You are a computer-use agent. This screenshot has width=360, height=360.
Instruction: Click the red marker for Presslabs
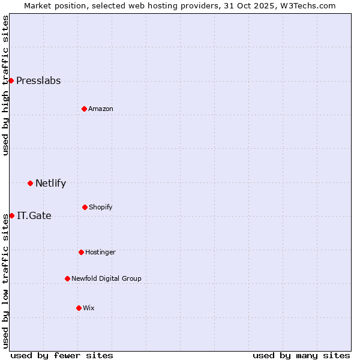tap(11, 80)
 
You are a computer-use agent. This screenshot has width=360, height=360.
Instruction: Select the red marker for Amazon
tap(84, 109)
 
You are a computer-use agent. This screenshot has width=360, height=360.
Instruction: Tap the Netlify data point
tap(30, 183)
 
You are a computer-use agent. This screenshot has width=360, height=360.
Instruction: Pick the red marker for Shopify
tap(85, 207)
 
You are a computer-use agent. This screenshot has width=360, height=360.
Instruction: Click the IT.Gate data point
tap(11, 215)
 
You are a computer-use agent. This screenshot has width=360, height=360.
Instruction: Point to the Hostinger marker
tap(81, 252)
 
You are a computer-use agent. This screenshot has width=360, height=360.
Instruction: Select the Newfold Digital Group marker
tap(67, 278)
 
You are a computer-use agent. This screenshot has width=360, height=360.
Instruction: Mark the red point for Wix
tap(79, 308)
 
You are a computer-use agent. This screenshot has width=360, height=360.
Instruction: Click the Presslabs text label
tap(38, 80)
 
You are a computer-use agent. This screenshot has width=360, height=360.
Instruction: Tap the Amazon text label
tap(101, 109)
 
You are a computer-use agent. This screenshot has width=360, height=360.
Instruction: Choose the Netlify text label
tap(50, 183)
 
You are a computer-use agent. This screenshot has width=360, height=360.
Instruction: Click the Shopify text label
tap(101, 207)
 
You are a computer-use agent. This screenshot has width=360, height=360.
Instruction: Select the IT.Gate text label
tap(34, 215)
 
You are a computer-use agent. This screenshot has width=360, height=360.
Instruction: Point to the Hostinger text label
tap(100, 252)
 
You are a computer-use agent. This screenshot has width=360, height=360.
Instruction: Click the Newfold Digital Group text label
tap(106, 278)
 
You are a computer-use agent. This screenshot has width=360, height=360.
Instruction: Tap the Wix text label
tap(89, 308)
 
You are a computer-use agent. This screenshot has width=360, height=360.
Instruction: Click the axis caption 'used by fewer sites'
tap(62, 355)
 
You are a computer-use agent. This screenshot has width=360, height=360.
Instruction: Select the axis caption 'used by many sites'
tap(301, 355)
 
